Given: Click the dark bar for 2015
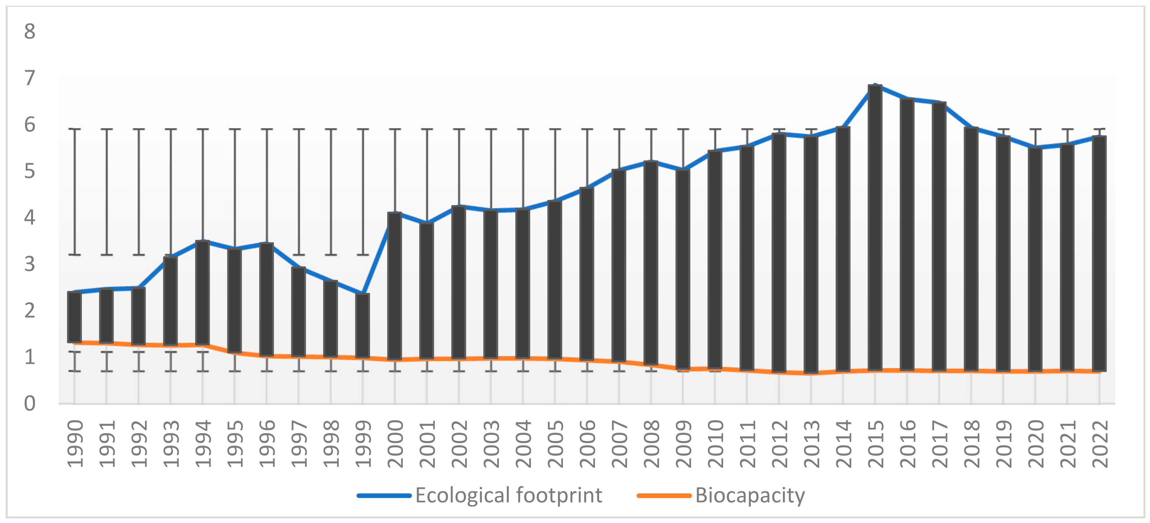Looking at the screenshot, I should coord(875,228).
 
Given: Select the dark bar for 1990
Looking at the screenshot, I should coord(74,317).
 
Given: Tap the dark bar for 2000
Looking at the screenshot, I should coord(395,286).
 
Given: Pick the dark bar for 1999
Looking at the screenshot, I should coord(363,326).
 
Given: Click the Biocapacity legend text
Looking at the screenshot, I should coord(750,495).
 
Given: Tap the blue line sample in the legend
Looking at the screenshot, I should coord(384,495).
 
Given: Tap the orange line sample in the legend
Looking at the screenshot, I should coord(664,495).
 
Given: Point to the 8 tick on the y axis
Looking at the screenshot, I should coord(29,32).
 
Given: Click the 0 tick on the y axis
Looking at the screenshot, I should coord(29,403).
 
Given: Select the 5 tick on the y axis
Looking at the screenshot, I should coord(29,171).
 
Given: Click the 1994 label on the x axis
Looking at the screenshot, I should coord(203,443).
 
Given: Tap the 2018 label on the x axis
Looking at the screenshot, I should coord(971,443).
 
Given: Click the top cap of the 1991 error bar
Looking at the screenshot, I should coord(106,129).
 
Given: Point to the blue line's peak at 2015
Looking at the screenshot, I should coord(875,85).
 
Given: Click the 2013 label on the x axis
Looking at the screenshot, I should coord(812,443).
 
